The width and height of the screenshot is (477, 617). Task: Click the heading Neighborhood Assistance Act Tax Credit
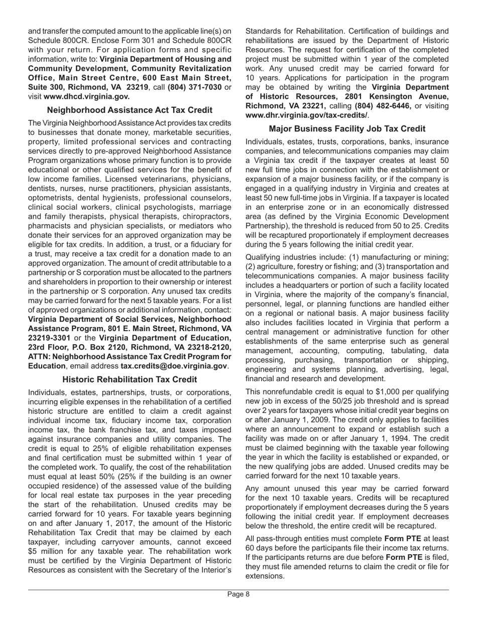[130, 110]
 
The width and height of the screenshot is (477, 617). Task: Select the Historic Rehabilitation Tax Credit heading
[130, 379]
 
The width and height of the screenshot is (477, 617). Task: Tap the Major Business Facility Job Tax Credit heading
[347, 128]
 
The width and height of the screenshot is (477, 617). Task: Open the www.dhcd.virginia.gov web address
[87, 96]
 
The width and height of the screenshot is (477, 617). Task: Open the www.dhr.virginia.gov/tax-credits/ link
[306, 115]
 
